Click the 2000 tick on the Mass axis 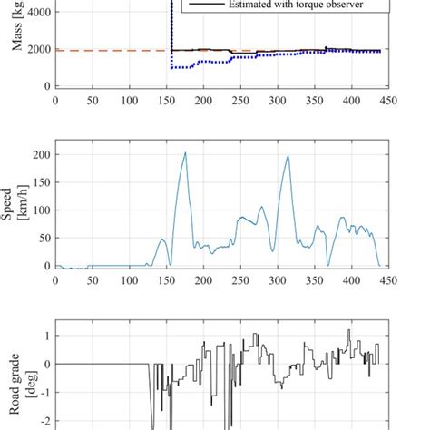[40, 50]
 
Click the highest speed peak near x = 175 [186, 152]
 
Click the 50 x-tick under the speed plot [93, 280]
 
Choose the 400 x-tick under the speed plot [350, 280]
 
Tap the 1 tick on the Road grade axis [46, 336]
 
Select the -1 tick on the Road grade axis [44, 393]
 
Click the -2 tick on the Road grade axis [44, 422]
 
